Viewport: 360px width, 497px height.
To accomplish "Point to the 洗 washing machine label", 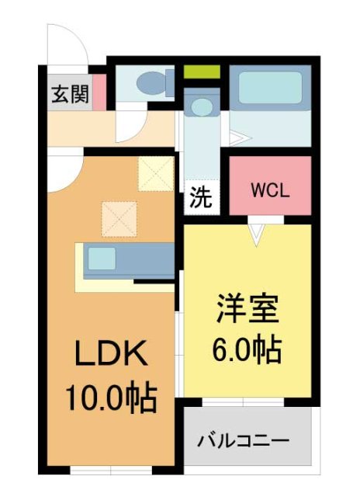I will (200, 197).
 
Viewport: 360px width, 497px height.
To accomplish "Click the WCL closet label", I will (270, 190).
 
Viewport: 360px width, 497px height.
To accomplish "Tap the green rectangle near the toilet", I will (202, 72).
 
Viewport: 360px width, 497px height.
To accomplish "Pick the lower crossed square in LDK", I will (119, 218).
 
